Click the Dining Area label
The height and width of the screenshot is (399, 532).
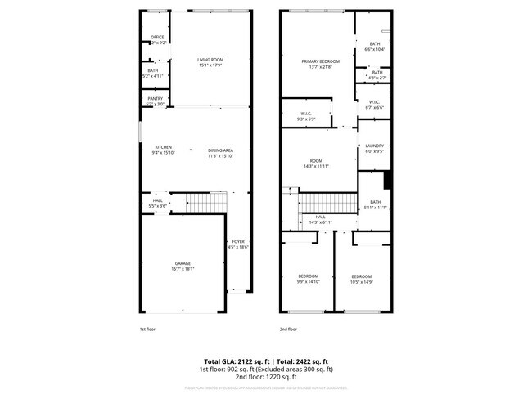[220, 150]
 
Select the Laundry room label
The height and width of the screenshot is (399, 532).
[374, 148]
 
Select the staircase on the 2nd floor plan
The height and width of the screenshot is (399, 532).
[328, 202]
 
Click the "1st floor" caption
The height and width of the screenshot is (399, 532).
[147, 329]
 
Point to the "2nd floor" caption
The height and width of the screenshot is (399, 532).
[287, 329]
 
